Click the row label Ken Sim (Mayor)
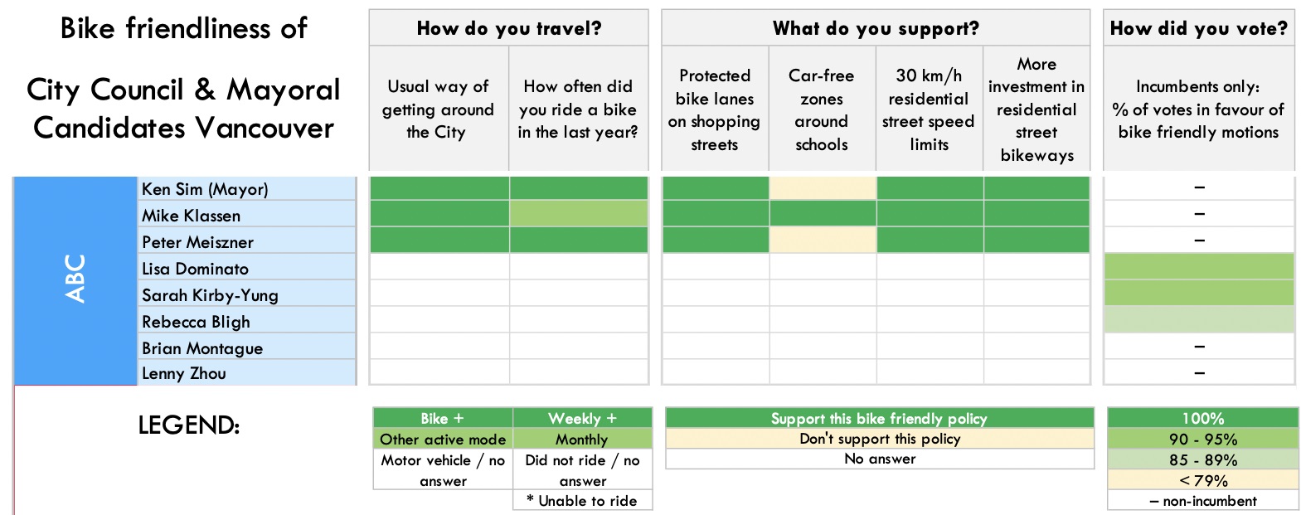pyautogui.click(x=205, y=189)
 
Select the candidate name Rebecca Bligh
pyautogui.click(x=196, y=322)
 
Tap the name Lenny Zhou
pyautogui.click(x=184, y=373)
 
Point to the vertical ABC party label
pyautogui.click(x=75, y=279)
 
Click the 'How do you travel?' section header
pyautogui.click(x=508, y=28)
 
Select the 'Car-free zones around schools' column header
pyautogui.click(x=821, y=109)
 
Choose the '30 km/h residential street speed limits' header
pyautogui.click(x=929, y=109)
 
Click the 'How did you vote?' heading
pyautogui.click(x=1198, y=28)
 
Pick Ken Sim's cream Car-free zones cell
pyautogui.click(x=822, y=188)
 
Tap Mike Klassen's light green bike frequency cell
pyautogui.click(x=578, y=214)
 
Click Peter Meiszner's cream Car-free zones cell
pyautogui.click(x=822, y=240)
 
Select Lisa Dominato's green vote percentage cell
pyautogui.click(x=1198, y=266)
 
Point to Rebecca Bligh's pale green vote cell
pyautogui.click(x=1198, y=319)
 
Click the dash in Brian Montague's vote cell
pyautogui.click(x=1199, y=347)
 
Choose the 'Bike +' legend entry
pyautogui.click(x=442, y=418)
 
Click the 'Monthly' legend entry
pyautogui.click(x=581, y=439)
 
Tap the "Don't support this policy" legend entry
pyautogui.click(x=880, y=439)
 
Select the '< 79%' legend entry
pyautogui.click(x=1202, y=480)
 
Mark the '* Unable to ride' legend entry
pyautogui.click(x=581, y=501)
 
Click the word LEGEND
pyautogui.click(x=188, y=425)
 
